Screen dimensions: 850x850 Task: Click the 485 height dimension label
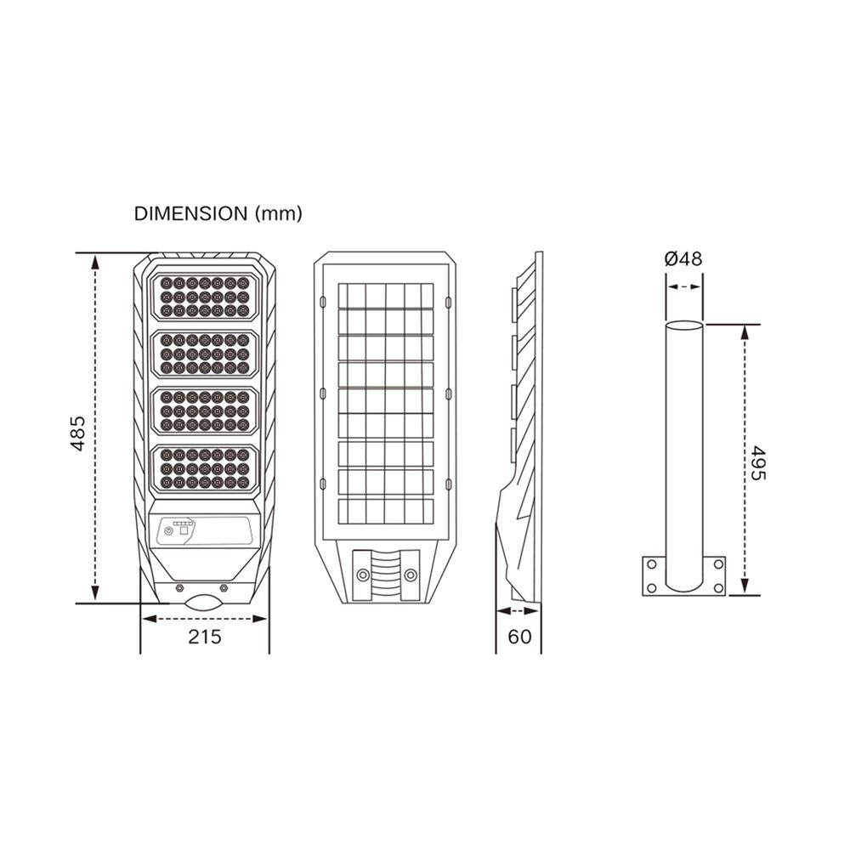click(78, 433)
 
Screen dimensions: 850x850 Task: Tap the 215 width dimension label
click(205, 637)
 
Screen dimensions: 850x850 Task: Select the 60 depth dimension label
click(519, 637)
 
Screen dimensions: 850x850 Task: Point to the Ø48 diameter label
click(683, 258)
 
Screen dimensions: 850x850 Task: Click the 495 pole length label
click(758, 463)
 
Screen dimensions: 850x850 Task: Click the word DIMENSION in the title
click(190, 213)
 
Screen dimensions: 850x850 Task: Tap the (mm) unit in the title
click(278, 213)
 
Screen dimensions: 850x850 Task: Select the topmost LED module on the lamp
click(205, 297)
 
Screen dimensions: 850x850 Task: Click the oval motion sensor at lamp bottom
click(203, 603)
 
